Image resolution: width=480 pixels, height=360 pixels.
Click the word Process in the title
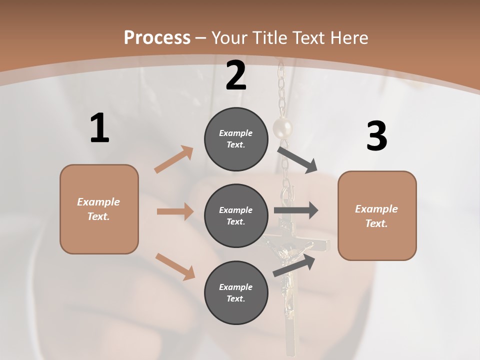tap(157, 38)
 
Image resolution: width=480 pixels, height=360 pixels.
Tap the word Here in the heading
tap(348, 38)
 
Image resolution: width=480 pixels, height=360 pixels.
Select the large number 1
tap(99, 128)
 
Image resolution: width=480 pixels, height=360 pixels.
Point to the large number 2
tap(236, 75)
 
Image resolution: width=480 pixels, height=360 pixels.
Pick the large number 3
tap(376, 136)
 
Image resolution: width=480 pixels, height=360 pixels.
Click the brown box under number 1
tap(99, 209)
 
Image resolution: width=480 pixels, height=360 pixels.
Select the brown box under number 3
tap(377, 215)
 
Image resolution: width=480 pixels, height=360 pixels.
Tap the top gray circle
tap(236, 139)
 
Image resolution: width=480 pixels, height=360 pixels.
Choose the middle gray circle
tap(236, 215)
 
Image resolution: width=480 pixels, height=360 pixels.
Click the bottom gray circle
tap(236, 292)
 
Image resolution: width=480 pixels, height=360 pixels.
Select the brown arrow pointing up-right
tap(173, 159)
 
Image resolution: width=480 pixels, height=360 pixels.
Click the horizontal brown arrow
tap(175, 211)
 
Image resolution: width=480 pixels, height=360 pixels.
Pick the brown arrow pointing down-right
tap(175, 266)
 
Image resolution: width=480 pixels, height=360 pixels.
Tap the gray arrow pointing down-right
tap(297, 159)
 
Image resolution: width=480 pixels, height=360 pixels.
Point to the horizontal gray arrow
tap(296, 210)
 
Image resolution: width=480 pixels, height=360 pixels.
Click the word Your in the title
tap(228, 38)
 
